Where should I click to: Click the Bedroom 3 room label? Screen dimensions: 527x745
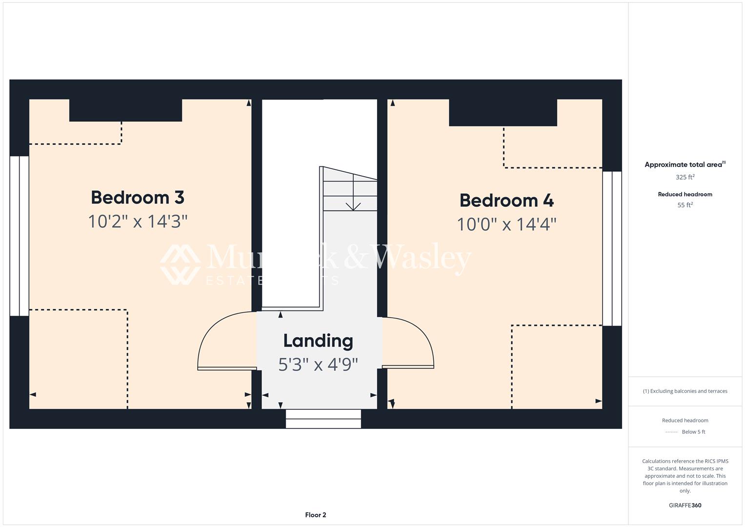point(138,198)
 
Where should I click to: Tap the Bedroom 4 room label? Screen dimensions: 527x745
point(506,201)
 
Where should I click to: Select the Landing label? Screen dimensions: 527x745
point(318,341)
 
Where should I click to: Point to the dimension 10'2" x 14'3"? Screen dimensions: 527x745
point(138,222)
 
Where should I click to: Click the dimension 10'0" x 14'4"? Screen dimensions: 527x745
point(506,224)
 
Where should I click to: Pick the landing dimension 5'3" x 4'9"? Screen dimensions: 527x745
point(318,365)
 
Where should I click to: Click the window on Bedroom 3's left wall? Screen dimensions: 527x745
point(20,236)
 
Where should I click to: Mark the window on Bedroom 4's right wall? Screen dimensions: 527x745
point(612,248)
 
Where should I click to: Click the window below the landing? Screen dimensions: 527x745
point(323,419)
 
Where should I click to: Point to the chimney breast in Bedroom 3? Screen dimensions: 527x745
point(125,110)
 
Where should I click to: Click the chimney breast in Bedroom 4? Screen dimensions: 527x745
point(503,113)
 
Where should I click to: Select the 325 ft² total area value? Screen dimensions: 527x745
point(685,177)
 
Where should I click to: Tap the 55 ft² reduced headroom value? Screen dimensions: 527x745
point(685,205)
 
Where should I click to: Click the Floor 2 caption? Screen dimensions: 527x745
point(316,515)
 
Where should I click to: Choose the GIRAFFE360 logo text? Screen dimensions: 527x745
point(685,505)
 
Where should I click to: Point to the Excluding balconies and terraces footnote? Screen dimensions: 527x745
point(685,391)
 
